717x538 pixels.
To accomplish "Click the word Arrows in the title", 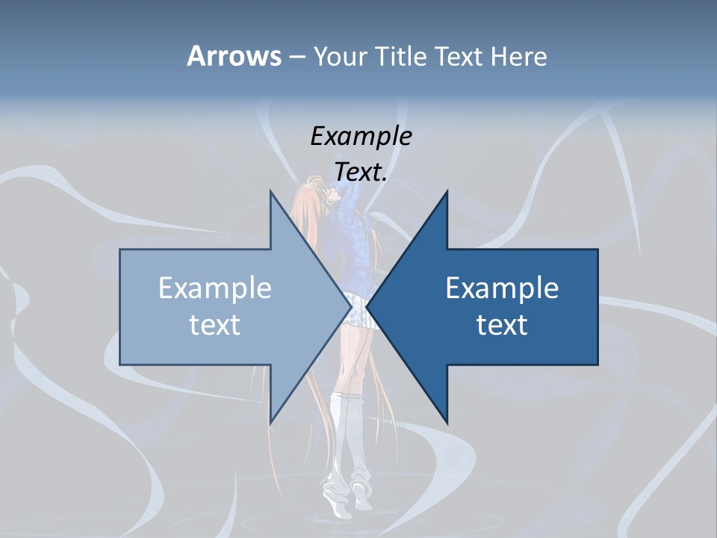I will coord(233,56).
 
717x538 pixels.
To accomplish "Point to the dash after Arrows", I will coord(297,57).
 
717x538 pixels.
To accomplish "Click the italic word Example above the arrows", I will coord(361,136).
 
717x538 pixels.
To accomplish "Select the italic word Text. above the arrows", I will coord(361,172).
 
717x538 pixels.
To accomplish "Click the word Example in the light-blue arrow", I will coord(215,288).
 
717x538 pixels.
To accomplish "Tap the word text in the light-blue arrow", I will coord(215,324).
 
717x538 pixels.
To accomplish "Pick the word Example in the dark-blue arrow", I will coord(502,288).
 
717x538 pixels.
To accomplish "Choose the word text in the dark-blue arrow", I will coord(502,324).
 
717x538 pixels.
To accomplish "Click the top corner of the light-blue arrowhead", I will coord(270,192).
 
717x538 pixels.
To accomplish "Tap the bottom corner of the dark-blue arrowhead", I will coord(447,422).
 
